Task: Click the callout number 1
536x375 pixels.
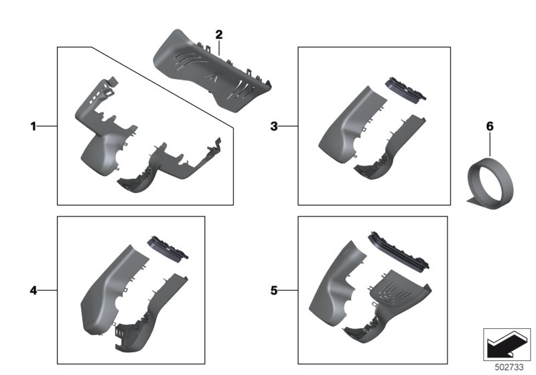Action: point(33,127)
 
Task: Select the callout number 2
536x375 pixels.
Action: point(219,35)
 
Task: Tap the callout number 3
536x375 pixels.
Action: point(274,127)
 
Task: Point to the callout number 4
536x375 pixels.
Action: point(33,291)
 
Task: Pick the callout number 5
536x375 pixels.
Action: point(274,291)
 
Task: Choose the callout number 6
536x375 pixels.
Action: point(490,127)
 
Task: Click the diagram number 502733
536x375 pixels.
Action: point(509,368)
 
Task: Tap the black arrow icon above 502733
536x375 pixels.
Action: point(507,345)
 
